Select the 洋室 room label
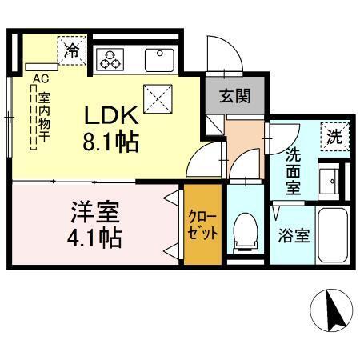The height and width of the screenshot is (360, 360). click(x=94, y=213)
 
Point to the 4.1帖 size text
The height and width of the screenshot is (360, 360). click(x=94, y=238)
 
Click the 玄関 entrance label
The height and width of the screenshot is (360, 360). click(x=235, y=97)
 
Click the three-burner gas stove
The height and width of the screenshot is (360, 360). click(x=110, y=58)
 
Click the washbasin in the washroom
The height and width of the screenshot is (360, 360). click(x=330, y=182)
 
